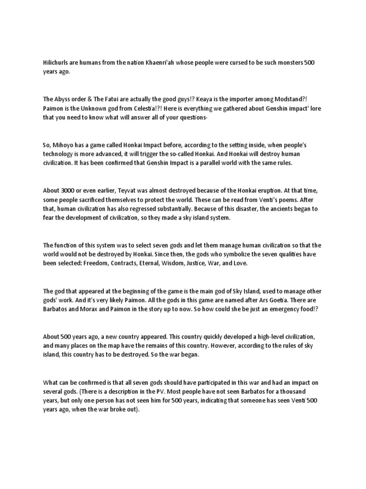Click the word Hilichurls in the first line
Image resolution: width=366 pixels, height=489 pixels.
point(56,63)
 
